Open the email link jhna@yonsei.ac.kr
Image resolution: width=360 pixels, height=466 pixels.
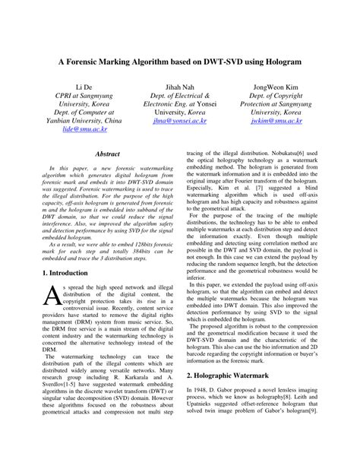pyautogui.click(x=179, y=120)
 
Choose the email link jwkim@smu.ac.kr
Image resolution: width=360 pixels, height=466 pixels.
pyautogui.click(x=276, y=120)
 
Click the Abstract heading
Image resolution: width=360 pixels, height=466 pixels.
pyautogui.click(x=107, y=154)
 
